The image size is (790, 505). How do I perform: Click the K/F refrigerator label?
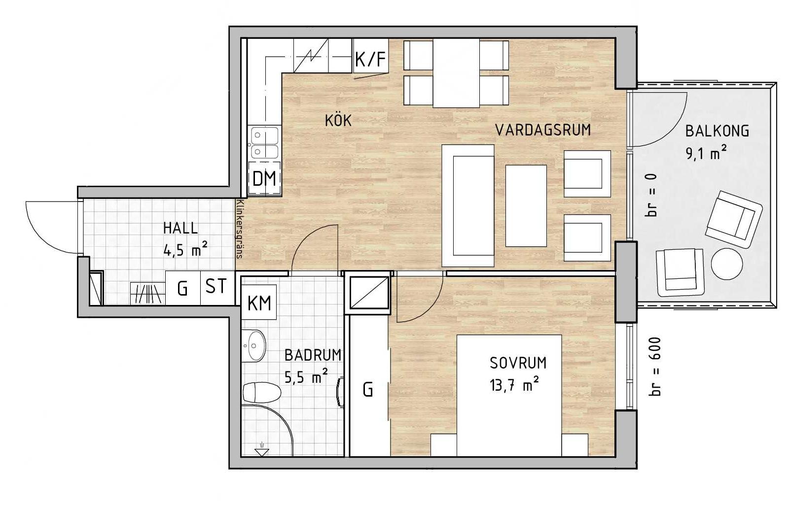point(370,59)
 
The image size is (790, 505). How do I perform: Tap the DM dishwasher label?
point(264,179)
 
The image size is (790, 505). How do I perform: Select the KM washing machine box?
point(259,302)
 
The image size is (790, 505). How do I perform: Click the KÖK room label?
point(338,121)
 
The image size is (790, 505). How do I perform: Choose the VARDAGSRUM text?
point(543,130)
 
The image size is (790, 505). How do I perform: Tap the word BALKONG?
point(717,131)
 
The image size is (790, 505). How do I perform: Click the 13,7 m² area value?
point(514,384)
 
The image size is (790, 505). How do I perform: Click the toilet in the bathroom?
point(262,392)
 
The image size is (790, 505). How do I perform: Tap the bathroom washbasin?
point(254,345)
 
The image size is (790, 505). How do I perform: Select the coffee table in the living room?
point(526,206)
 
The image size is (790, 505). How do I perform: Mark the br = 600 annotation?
point(654,367)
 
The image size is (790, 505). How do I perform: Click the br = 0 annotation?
point(652,195)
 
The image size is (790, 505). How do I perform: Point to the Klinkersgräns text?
point(241,229)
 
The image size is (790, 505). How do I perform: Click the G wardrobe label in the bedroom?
point(368,390)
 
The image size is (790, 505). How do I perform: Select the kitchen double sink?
point(264,143)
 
